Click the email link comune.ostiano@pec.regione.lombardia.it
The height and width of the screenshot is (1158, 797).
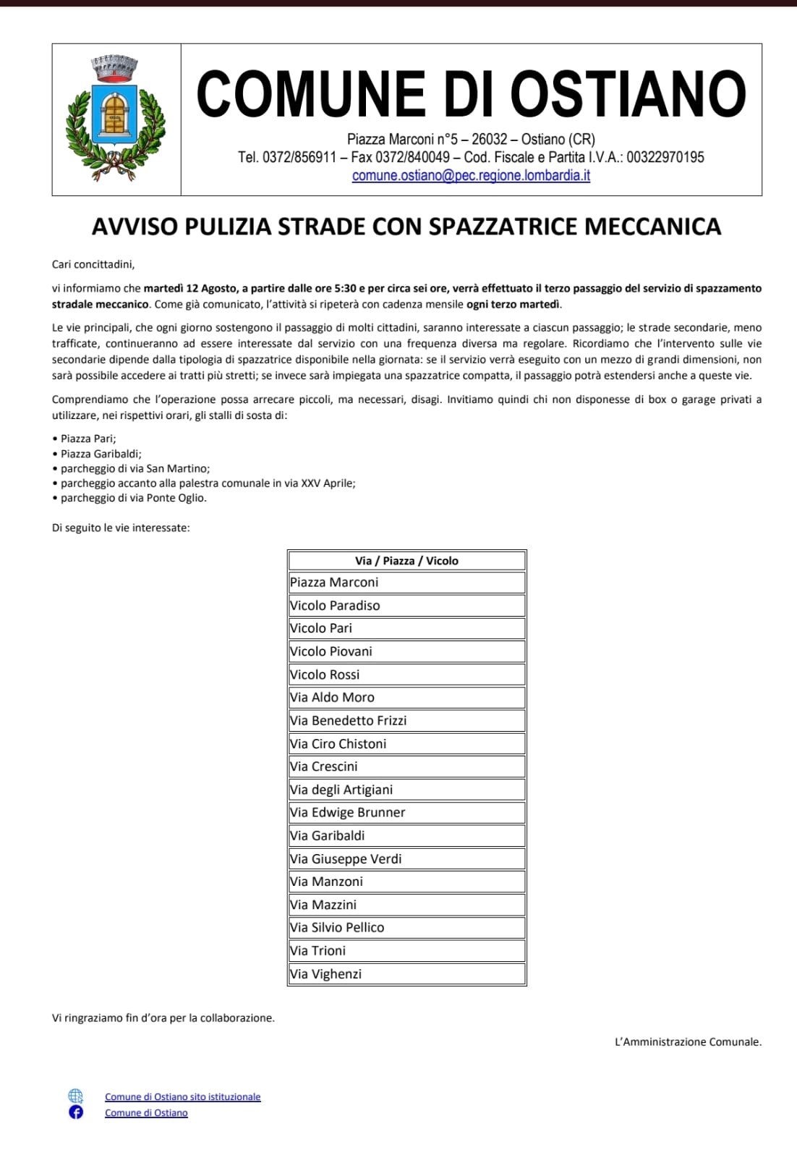click(471, 175)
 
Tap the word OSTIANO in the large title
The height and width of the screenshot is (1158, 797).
click(628, 94)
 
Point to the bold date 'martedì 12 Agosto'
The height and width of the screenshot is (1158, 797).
click(190, 288)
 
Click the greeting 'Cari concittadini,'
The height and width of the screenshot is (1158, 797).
click(93, 264)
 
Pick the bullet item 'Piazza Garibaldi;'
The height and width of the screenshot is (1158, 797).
click(101, 454)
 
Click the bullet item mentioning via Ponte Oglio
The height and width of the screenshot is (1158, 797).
click(133, 498)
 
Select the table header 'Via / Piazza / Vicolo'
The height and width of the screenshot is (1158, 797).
click(406, 560)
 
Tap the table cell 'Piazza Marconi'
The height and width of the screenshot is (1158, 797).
click(334, 583)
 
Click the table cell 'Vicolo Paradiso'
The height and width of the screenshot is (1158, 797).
click(335, 606)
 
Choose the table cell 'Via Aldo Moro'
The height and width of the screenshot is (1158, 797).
click(332, 698)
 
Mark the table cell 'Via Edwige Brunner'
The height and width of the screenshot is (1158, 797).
click(347, 813)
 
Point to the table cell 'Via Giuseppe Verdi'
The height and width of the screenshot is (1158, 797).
click(346, 859)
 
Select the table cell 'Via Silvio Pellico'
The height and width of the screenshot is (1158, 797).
click(337, 928)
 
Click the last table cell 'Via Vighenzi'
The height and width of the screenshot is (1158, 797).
click(325, 974)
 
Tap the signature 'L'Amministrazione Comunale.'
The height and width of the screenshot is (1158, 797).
click(688, 1042)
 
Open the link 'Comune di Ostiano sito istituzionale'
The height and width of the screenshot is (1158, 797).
click(182, 1097)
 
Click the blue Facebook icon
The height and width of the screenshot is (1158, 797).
click(76, 1112)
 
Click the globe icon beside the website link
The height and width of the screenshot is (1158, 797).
click(76, 1096)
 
